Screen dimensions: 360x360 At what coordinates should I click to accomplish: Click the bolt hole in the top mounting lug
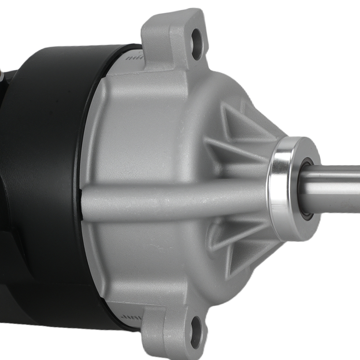click(x=197, y=39)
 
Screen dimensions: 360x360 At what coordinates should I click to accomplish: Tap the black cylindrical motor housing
click(x=47, y=180)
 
